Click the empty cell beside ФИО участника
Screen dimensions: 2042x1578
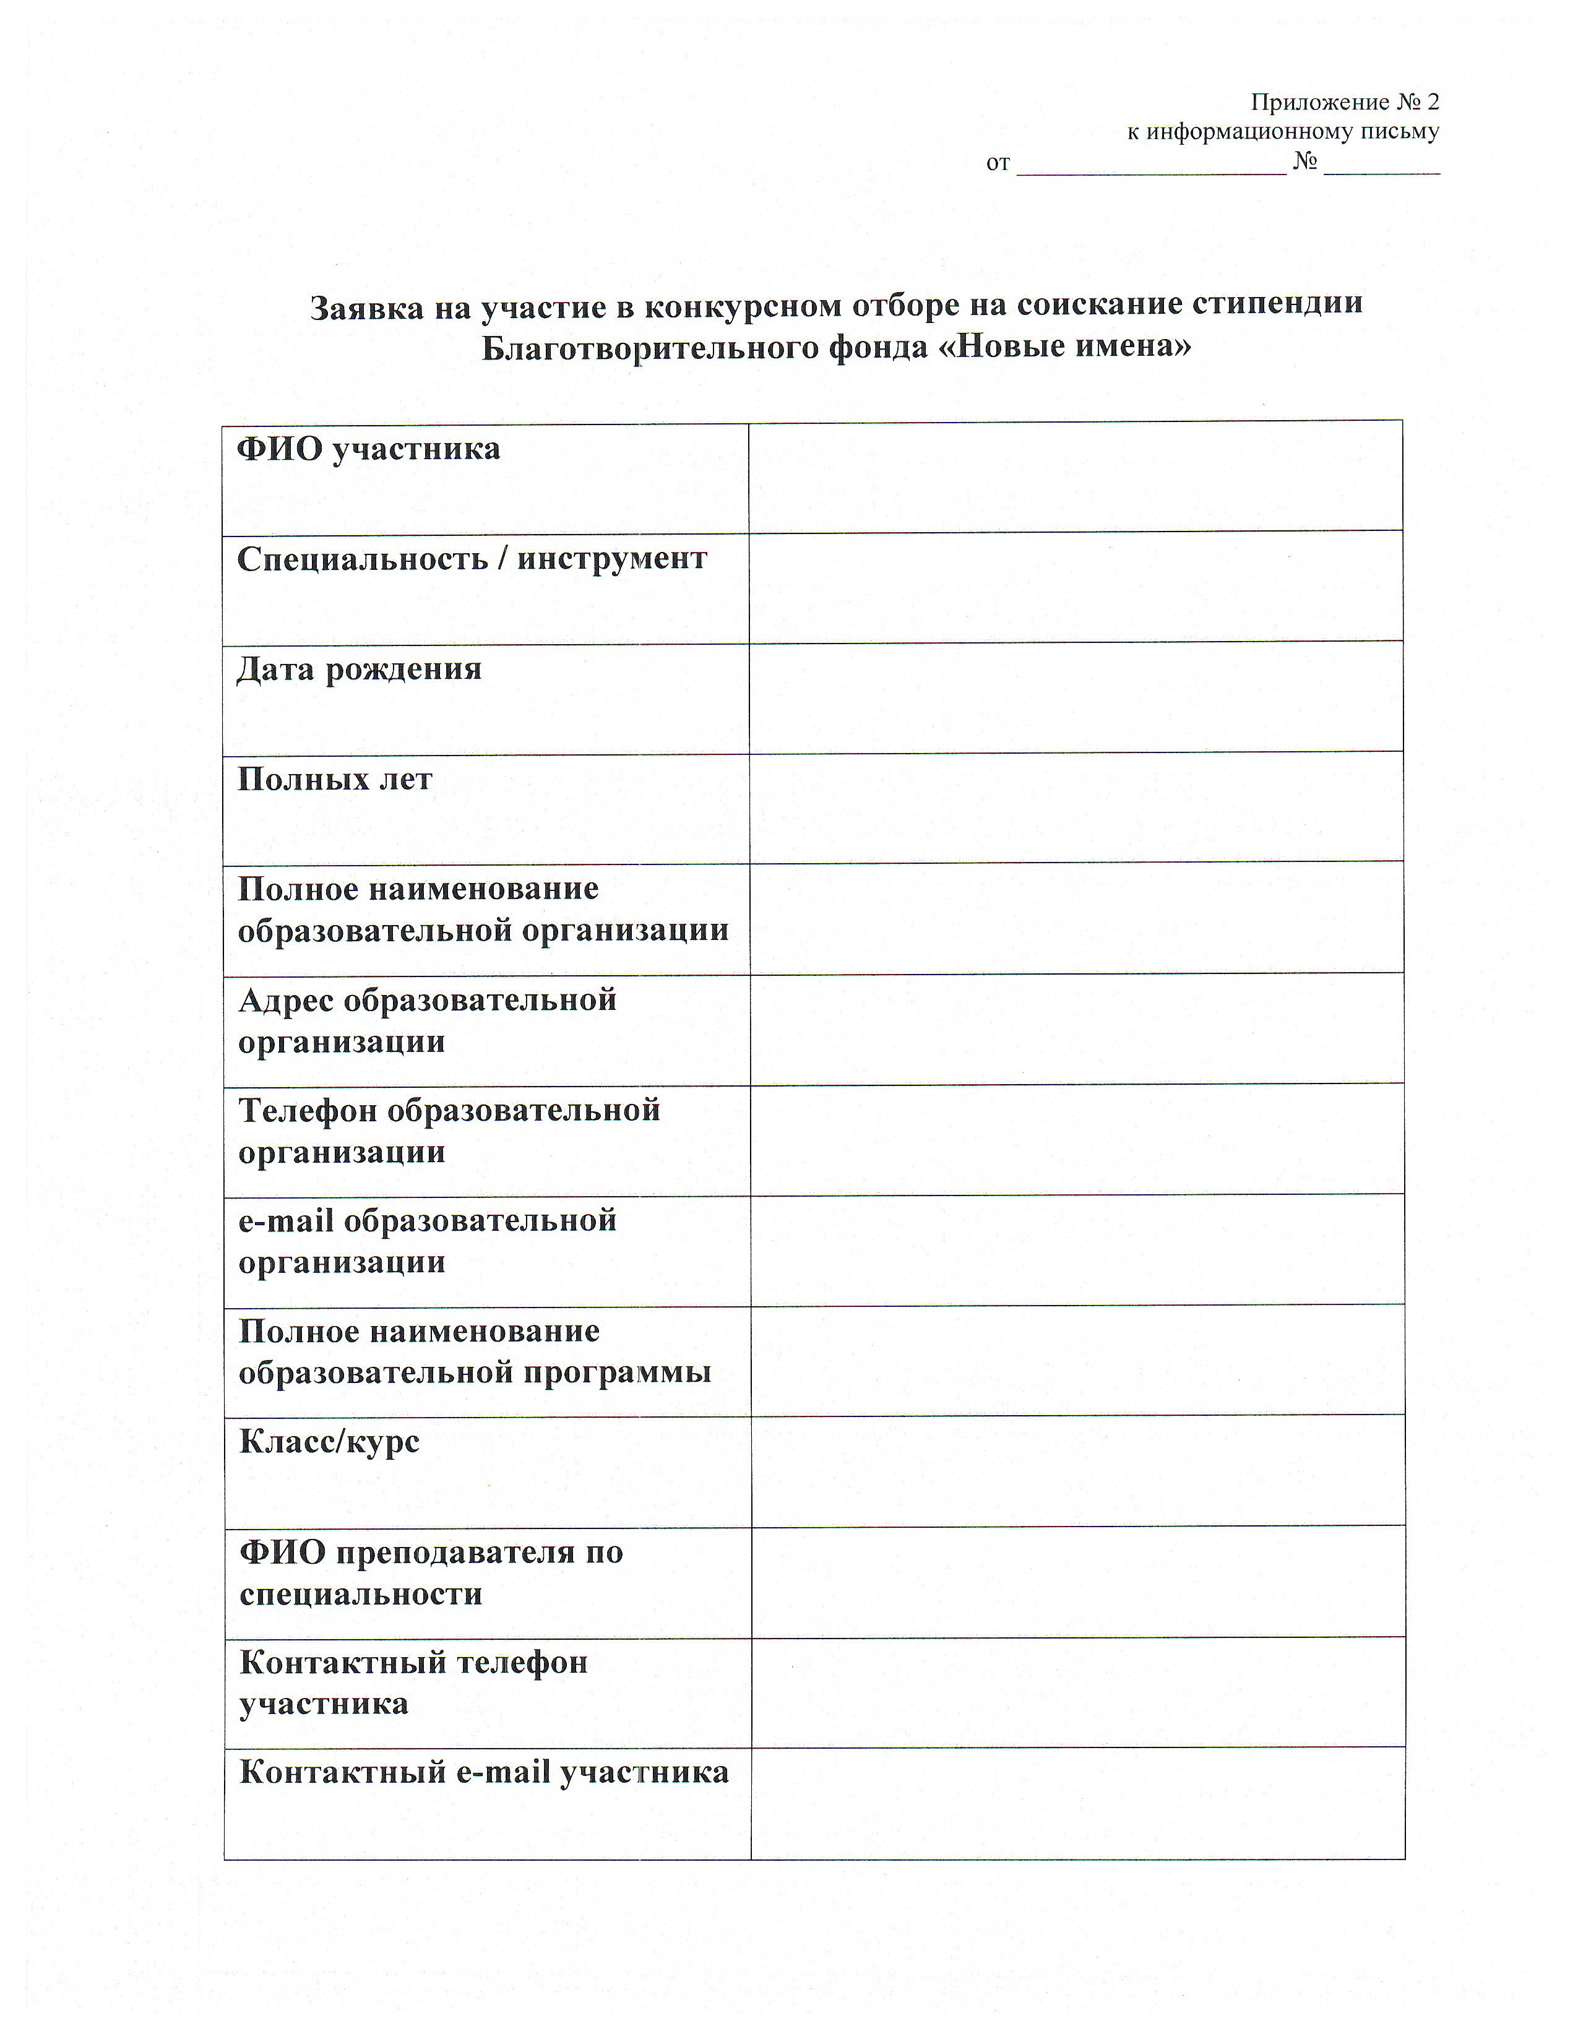pos(1075,477)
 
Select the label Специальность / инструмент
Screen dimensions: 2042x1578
pos(471,559)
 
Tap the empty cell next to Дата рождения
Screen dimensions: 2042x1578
pos(1075,697)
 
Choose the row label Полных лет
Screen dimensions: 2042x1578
pos(335,779)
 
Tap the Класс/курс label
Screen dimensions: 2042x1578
pos(329,1442)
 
